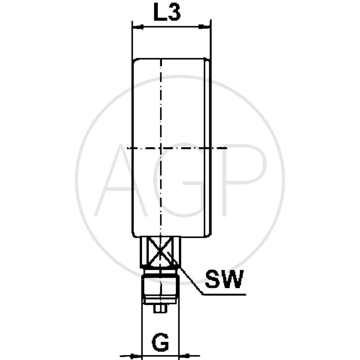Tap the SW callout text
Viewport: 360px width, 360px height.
tap(224, 280)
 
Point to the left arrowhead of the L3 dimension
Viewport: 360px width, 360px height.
tap(135, 27)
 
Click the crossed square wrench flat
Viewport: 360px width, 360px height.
tap(161, 252)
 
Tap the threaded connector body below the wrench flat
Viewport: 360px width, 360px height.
tap(161, 288)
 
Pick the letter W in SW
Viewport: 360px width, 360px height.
tap(233, 280)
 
